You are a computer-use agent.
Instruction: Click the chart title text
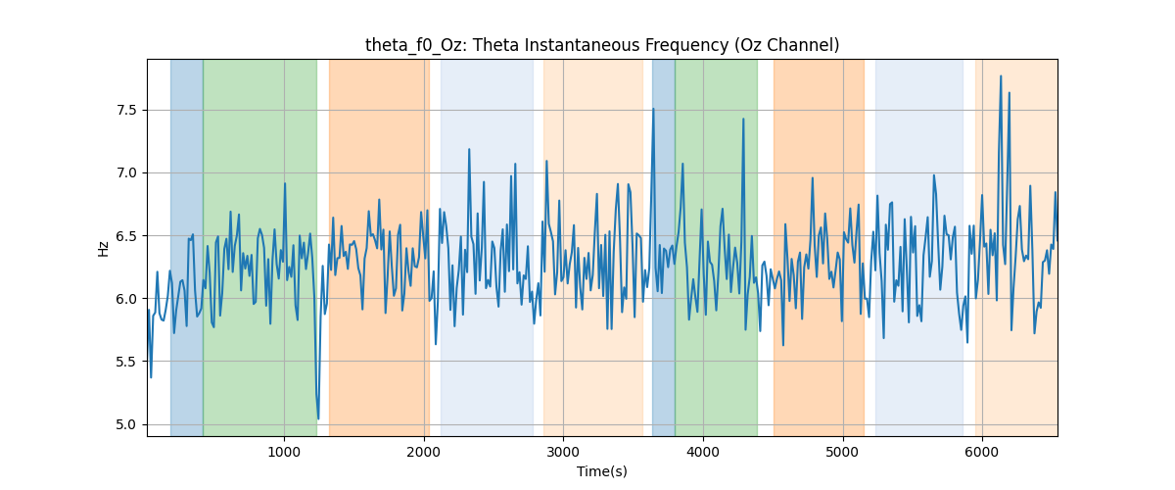(x=602, y=46)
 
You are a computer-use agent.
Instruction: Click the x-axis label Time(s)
(x=602, y=471)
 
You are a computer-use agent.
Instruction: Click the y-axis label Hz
(x=104, y=248)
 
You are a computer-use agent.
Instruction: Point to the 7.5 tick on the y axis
(x=126, y=111)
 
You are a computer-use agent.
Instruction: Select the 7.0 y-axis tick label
(x=126, y=173)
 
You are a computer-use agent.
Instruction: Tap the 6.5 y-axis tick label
(x=126, y=236)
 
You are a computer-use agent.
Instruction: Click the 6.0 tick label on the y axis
(x=126, y=299)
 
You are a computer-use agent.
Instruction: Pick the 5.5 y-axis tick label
(x=126, y=362)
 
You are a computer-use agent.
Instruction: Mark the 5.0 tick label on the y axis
(x=126, y=425)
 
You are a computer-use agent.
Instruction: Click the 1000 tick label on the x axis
(x=284, y=453)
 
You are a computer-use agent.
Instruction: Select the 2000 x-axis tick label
(x=424, y=453)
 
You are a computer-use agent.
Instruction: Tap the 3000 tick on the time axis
(x=563, y=453)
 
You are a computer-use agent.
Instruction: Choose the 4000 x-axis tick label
(x=703, y=453)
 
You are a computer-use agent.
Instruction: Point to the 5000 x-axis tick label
(x=842, y=453)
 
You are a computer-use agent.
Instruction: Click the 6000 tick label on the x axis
(x=982, y=453)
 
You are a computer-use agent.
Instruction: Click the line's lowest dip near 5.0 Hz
(x=318, y=418)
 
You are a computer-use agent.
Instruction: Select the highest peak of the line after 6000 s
(x=1001, y=76)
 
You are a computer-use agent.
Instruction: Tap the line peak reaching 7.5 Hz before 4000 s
(x=653, y=109)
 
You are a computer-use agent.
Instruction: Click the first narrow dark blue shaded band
(x=187, y=247)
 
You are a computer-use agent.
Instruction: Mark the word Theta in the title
(x=491, y=46)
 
